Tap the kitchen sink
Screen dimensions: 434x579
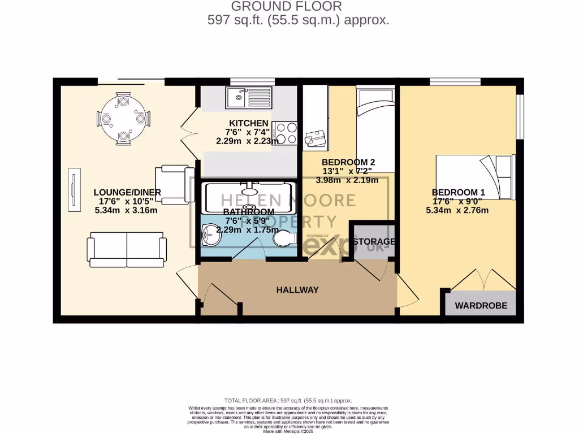coord(249,97)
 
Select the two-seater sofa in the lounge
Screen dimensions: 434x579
coord(127,251)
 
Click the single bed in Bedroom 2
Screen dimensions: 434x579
coord(375,124)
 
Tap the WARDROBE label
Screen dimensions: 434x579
coord(481,306)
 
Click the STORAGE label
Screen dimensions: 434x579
coord(373,241)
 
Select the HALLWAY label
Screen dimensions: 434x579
coord(297,290)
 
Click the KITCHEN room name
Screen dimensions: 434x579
coord(248,123)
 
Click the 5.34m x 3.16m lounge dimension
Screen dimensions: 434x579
coord(126,210)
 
